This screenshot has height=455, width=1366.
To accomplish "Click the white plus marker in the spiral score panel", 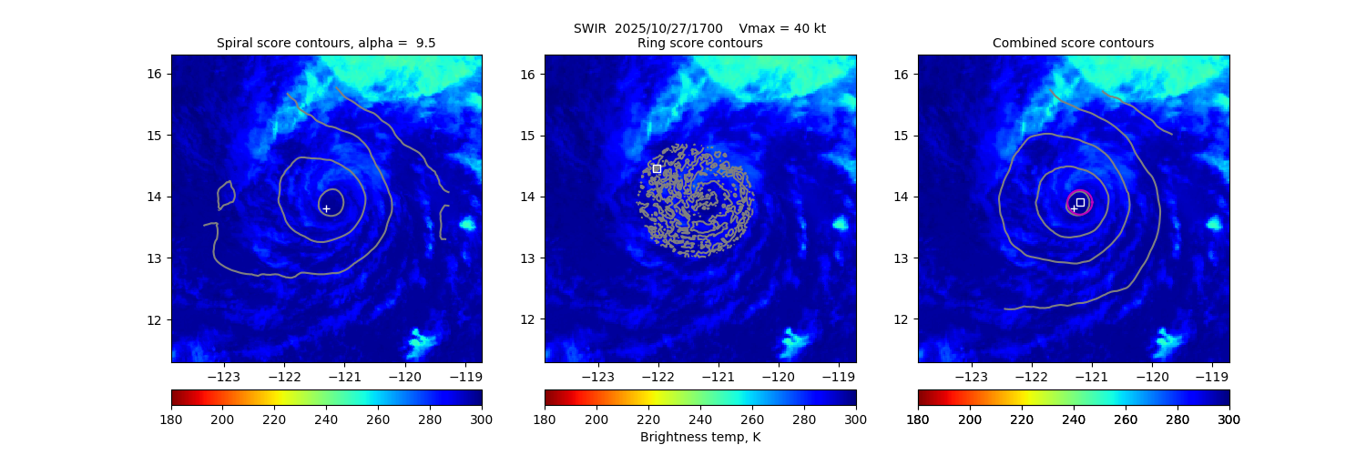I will pyautogui.click(x=326, y=208).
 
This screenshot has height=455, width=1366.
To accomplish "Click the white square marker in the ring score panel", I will pyautogui.click(x=657, y=168).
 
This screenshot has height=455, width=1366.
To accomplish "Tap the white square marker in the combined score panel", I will pyautogui.click(x=1080, y=202).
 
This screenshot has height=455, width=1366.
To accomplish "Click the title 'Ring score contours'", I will pyautogui.click(x=699, y=43).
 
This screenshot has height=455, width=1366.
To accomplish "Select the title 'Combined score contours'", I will pyautogui.click(x=1073, y=43).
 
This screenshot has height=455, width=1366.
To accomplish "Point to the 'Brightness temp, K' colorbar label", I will pyautogui.click(x=699, y=437).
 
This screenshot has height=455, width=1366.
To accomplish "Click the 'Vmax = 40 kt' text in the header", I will pyautogui.click(x=782, y=28).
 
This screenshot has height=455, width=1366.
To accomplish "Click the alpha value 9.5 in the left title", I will pyautogui.click(x=425, y=43).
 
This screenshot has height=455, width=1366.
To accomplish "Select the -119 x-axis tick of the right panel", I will pyautogui.click(x=1211, y=375).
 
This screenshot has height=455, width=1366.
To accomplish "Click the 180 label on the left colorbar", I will pyautogui.click(x=171, y=420).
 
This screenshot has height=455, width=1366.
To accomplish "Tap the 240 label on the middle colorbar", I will pyautogui.click(x=700, y=420).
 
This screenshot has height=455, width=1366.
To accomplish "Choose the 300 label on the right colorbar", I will pyautogui.click(x=1228, y=420).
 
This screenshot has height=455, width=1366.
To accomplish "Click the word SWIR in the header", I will pyautogui.click(x=590, y=28).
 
